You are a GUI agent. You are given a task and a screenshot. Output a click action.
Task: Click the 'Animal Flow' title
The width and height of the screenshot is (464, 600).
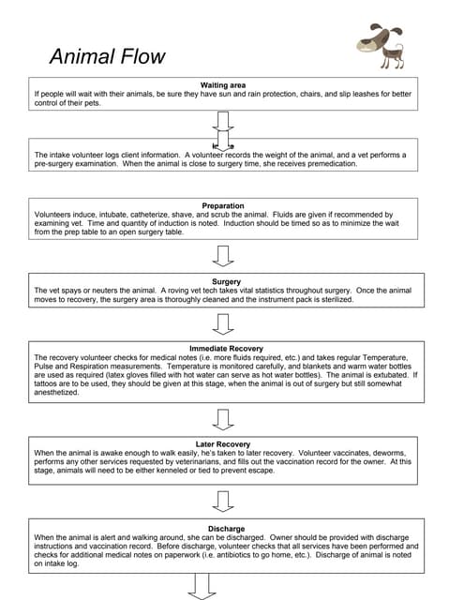coord(107,56)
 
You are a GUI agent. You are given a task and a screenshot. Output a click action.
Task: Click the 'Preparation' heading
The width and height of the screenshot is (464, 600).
coord(223,205)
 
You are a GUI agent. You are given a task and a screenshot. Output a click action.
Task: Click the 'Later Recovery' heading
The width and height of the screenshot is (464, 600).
coord(223,444)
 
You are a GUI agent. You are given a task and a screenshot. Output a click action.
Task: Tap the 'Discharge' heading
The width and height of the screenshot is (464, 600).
coord(223,528)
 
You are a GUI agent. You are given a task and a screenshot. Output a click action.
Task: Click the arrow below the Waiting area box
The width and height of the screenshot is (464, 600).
coord(223,122)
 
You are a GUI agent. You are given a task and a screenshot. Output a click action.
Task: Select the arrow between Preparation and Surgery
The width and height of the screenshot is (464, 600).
coord(223,255)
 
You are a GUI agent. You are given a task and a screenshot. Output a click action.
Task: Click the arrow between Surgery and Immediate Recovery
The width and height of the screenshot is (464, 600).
coord(223,323)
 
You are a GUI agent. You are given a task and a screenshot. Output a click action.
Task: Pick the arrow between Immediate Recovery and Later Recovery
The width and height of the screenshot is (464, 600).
coord(223,418)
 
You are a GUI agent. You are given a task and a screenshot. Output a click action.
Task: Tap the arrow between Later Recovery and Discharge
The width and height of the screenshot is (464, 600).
coord(223,502)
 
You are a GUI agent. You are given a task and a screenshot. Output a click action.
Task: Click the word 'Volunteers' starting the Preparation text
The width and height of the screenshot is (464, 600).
coord(54,214)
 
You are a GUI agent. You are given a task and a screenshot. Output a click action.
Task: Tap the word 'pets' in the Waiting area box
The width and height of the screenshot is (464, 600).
coord(97,103)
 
